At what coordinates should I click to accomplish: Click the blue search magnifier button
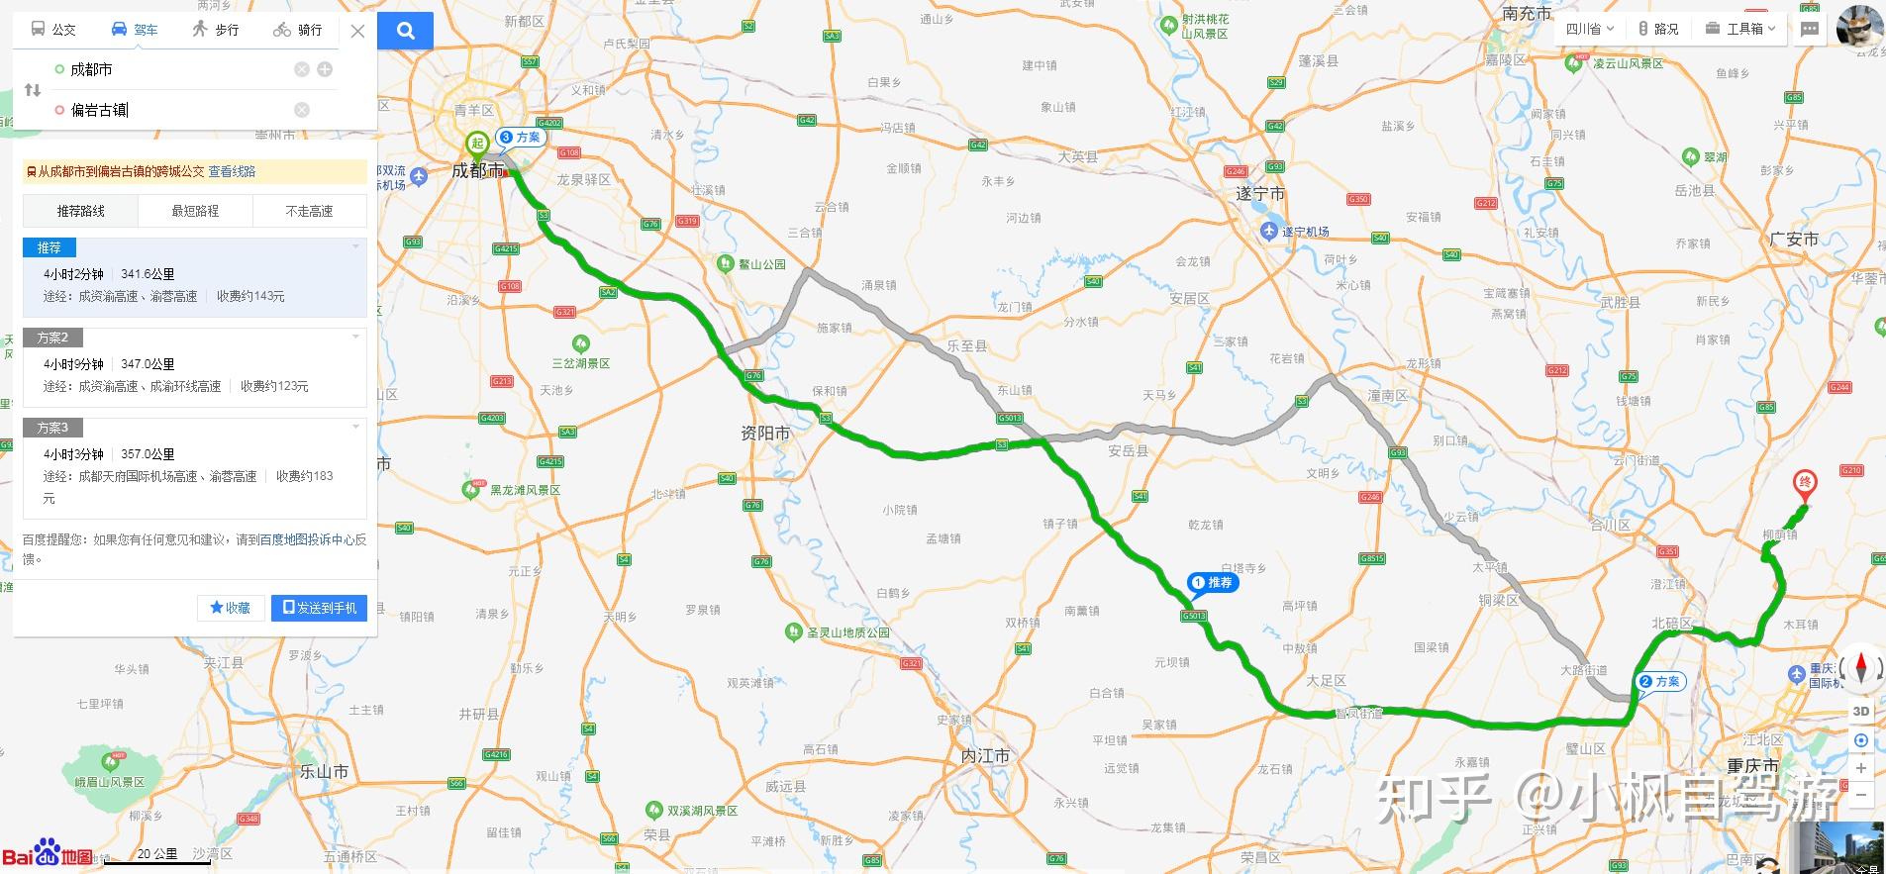pos(406,31)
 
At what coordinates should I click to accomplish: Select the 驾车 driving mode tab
pos(135,30)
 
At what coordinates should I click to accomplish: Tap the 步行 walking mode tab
pos(216,30)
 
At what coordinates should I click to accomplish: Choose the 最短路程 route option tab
pos(195,211)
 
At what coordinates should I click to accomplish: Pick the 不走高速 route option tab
pos(309,211)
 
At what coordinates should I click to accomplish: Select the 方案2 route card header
pos(53,338)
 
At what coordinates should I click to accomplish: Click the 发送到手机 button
pos(319,608)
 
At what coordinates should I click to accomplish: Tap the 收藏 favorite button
pos(230,608)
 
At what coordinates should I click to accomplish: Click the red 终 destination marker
pos(1805,484)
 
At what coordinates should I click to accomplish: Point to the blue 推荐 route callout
pos(1213,583)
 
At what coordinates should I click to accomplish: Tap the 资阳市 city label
pos(765,433)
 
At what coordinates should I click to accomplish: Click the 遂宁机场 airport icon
pos(1269,231)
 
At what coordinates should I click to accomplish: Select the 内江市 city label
pos(985,755)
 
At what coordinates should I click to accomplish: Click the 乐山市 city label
pos(324,771)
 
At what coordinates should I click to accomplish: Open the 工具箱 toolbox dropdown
pos(1740,29)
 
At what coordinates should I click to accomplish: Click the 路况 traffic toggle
pos(1658,29)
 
